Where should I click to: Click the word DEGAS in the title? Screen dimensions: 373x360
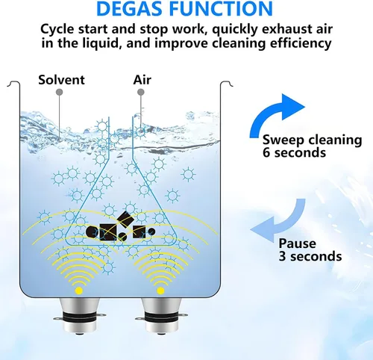[131, 8]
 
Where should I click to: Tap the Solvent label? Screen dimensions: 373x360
[61, 80]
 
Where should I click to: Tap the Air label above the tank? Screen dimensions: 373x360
[142, 80]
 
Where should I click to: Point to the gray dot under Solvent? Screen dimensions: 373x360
[59, 92]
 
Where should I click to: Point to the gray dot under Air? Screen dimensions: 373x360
[141, 92]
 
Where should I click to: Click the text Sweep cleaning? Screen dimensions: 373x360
[312, 140]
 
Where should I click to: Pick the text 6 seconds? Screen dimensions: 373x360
[294, 152]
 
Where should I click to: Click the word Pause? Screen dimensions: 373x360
[297, 243]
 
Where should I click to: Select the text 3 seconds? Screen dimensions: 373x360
[310, 256]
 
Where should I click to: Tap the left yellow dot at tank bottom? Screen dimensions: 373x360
[79, 291]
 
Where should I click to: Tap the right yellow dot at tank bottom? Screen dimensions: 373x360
[160, 291]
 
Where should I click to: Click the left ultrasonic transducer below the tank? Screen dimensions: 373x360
[79, 316]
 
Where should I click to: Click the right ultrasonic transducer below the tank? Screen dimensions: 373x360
[161, 316]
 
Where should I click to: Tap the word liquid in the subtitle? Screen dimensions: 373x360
[104, 43]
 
